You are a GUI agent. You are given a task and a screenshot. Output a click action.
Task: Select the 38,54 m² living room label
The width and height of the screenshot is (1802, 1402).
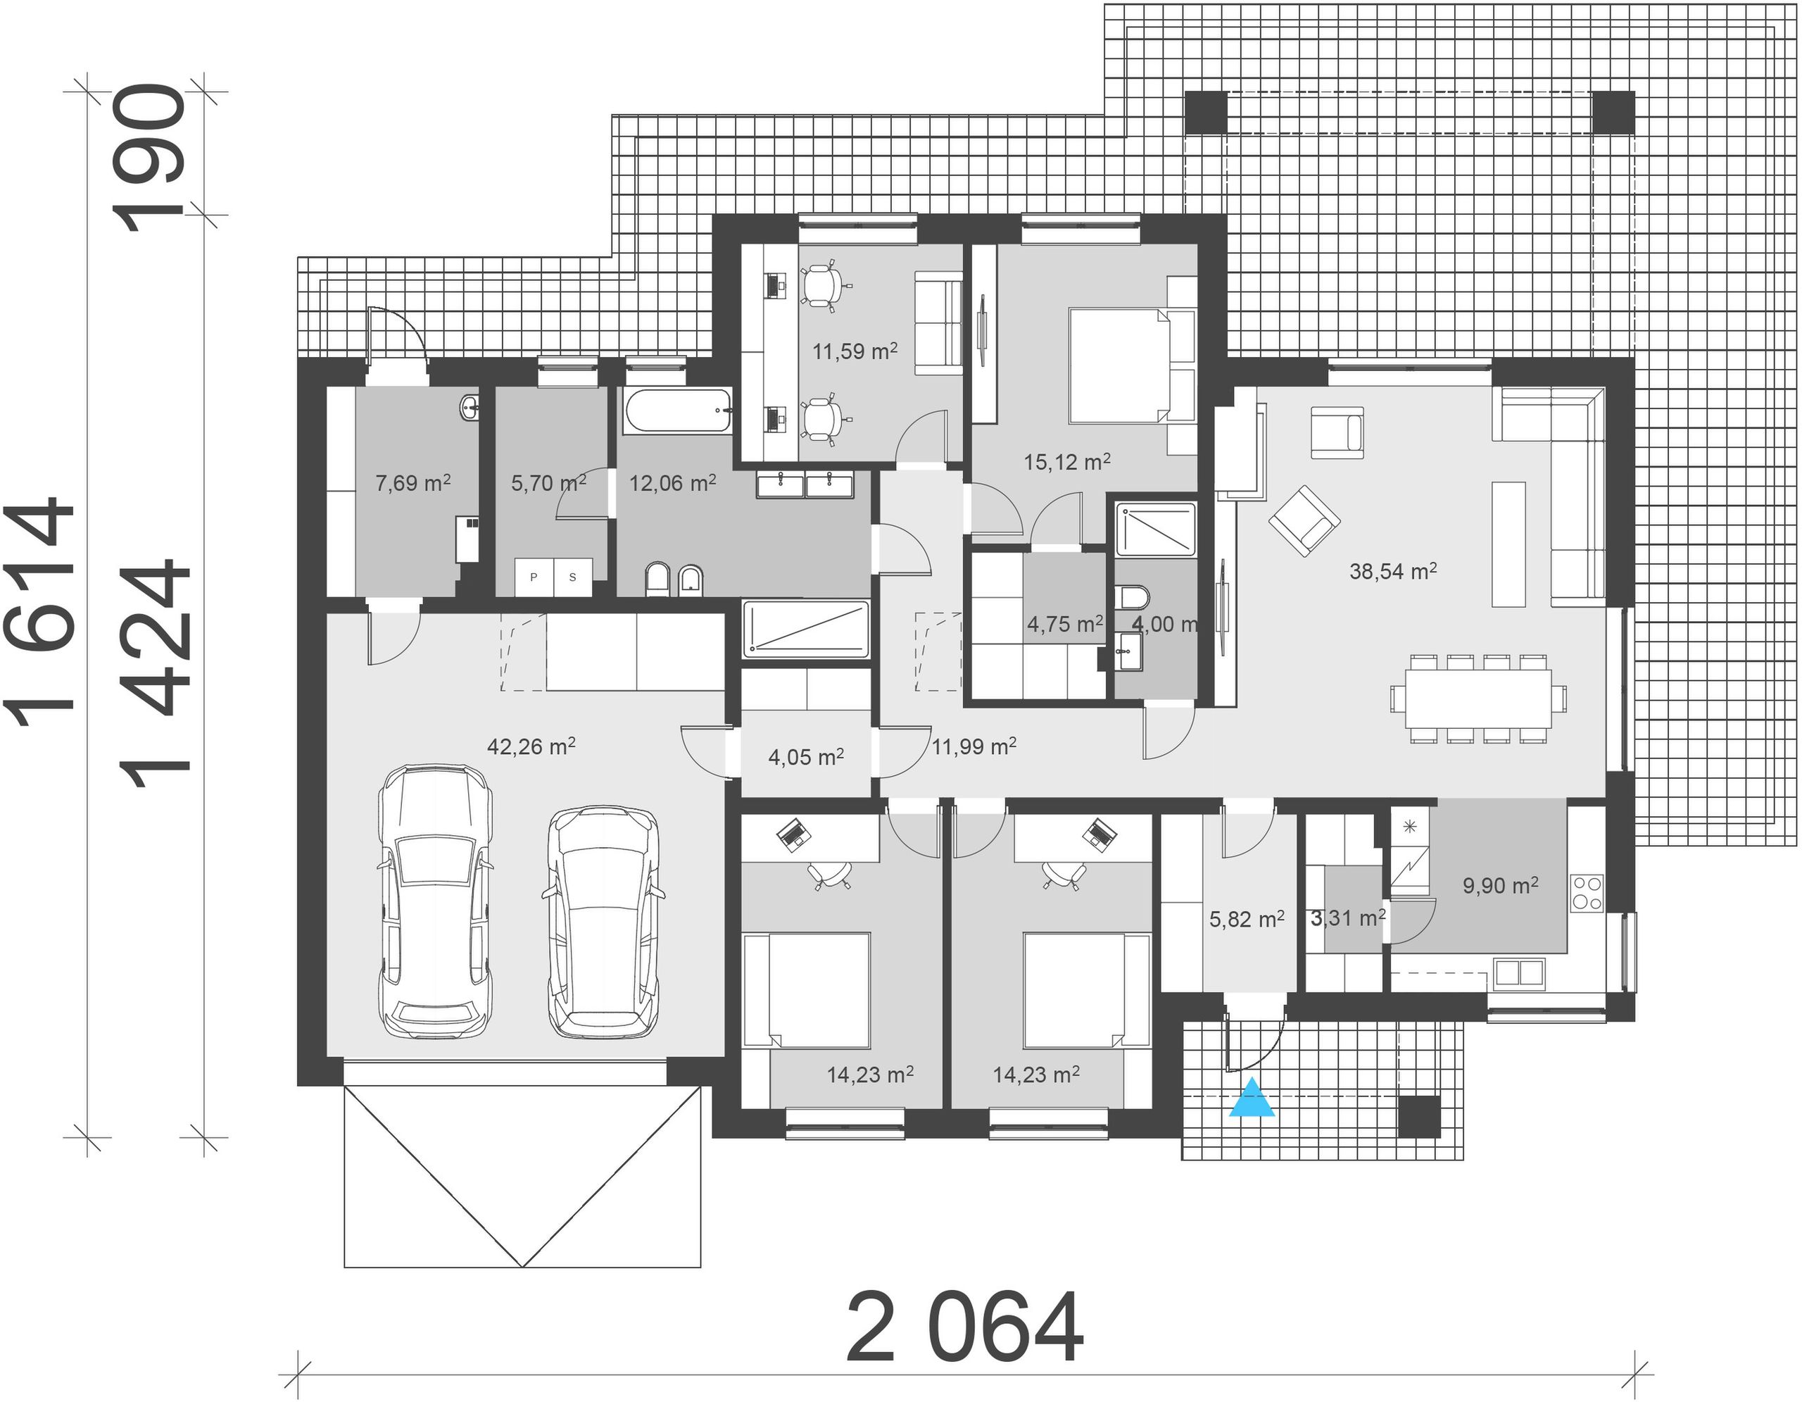click(1394, 570)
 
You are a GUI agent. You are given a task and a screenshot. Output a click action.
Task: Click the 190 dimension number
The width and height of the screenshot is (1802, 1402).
click(149, 158)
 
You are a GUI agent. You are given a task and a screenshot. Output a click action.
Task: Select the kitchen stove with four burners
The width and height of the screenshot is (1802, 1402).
click(1587, 892)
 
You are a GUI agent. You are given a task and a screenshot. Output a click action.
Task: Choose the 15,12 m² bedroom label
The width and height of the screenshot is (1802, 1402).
click(1067, 462)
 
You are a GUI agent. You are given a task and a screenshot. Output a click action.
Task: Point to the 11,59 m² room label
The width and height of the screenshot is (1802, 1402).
click(855, 351)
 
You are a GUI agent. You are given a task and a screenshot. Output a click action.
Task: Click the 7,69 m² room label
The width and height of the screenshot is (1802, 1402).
click(412, 483)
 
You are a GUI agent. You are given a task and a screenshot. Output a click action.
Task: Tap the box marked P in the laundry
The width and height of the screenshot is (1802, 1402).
click(534, 577)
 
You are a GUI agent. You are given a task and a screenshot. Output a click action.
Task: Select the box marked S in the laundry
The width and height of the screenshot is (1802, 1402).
click(572, 577)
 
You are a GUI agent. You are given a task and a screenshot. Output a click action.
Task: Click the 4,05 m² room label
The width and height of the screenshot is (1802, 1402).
click(806, 757)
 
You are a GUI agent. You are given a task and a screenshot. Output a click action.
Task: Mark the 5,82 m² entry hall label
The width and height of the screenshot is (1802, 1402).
click(1247, 919)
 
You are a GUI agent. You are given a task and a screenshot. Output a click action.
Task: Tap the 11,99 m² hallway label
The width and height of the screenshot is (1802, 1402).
click(974, 747)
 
